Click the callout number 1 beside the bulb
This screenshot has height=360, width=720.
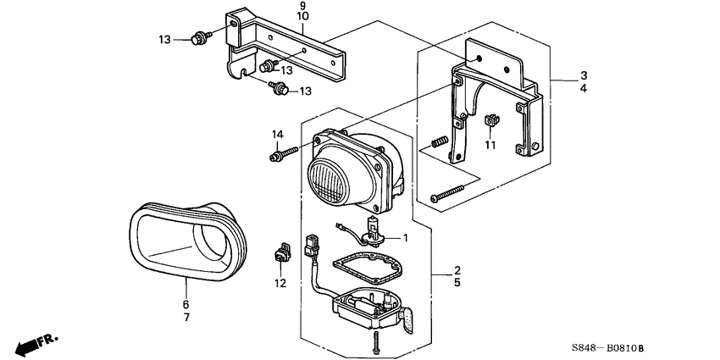pos(406,238)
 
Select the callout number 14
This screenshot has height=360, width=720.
pos(277,135)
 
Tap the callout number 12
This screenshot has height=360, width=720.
pos(280,283)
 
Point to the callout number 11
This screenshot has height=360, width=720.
pos(490,146)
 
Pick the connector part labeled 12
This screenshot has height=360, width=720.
pos(281,253)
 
